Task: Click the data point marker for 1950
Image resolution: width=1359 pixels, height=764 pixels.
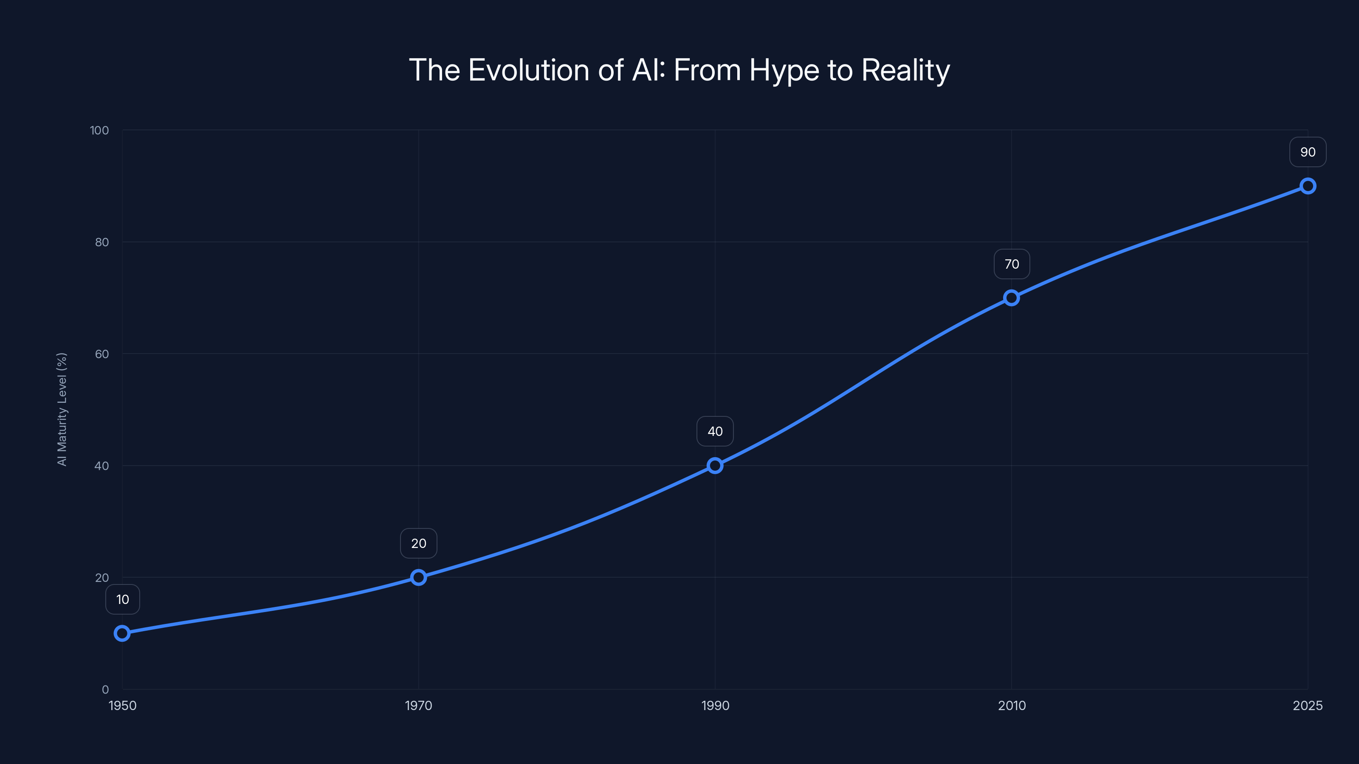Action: [x=122, y=633]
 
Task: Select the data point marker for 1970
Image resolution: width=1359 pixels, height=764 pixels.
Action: [x=418, y=577]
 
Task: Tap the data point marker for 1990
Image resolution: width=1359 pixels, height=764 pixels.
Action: [x=715, y=466]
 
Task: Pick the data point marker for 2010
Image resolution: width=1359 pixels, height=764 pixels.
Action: [x=1011, y=298]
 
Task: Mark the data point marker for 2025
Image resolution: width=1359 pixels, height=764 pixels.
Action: [x=1308, y=186]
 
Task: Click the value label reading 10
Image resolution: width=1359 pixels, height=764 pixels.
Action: [x=122, y=599]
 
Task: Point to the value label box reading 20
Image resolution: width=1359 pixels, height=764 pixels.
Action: [x=418, y=544]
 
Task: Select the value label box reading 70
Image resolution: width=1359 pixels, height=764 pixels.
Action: [x=1011, y=264]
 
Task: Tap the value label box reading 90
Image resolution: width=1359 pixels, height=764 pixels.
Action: [x=1308, y=152]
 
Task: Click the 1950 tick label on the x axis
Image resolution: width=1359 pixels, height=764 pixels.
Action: [x=122, y=705]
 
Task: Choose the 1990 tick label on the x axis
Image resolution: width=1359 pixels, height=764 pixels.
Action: [x=715, y=705]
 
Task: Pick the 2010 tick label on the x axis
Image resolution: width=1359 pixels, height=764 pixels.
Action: [x=1011, y=705]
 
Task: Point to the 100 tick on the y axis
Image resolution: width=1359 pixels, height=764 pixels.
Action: [x=99, y=130]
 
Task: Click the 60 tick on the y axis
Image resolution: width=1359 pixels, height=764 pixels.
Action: [x=102, y=354]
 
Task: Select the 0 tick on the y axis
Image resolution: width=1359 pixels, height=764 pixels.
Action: [x=105, y=690]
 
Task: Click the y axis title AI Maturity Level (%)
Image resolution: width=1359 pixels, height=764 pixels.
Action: [x=62, y=409]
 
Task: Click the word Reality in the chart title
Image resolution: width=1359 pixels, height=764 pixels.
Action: [x=905, y=70]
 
